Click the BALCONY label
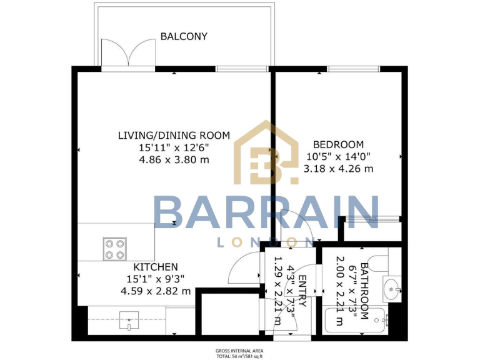point(184,36)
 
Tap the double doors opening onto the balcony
point(128,53)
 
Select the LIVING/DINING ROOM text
point(174,135)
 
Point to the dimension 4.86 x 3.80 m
point(174,159)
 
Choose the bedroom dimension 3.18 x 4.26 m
point(337,168)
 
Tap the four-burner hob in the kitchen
point(114,249)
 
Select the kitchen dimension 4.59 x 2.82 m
point(156,291)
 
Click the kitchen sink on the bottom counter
point(128,323)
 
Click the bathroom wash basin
point(392,288)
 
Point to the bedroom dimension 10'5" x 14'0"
point(337,156)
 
